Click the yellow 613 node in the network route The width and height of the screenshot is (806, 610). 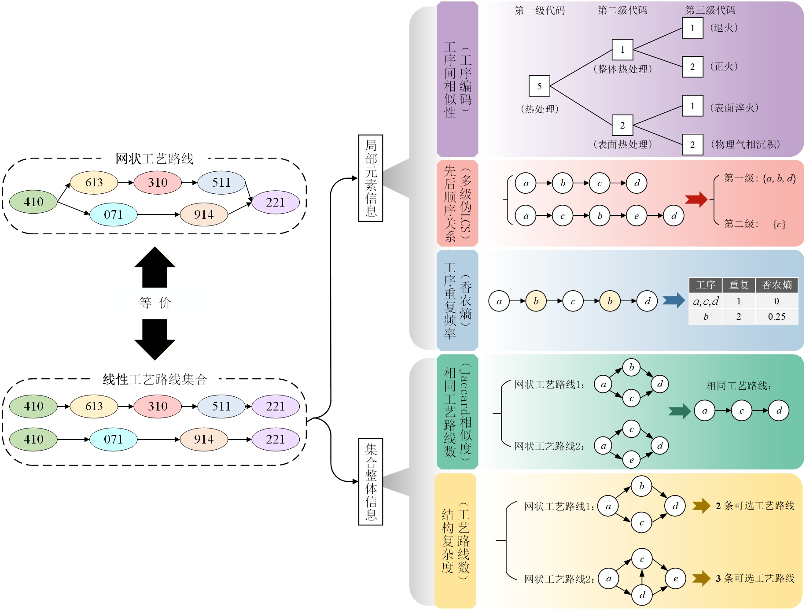pos(94,182)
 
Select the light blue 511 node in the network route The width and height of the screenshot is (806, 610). pos(221,182)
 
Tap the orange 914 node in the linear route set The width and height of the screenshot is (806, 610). pos(204,439)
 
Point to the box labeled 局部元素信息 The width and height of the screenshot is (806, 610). pos(371,178)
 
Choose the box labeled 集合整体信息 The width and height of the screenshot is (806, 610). pos(371,482)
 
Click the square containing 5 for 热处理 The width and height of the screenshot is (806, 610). pos(539,86)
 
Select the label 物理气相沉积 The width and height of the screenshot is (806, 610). pos(745,144)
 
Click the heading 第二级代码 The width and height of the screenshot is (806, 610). pos(622,10)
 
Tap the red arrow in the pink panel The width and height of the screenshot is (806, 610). pos(696,199)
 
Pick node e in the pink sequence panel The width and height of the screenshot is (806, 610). pos(637,216)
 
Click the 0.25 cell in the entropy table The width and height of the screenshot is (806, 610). pos(777,317)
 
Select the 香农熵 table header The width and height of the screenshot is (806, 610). pos(777,285)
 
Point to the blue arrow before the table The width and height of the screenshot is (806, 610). pos(674,301)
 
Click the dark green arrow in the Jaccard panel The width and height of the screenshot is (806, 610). pos(679,411)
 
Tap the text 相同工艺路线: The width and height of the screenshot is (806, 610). pos(739,386)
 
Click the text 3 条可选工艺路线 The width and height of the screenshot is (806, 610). pos(755,578)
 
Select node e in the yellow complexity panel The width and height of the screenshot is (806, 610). pos(675,578)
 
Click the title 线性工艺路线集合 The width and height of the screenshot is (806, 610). pos(155,379)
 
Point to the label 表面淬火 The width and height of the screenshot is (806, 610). pos(734,108)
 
